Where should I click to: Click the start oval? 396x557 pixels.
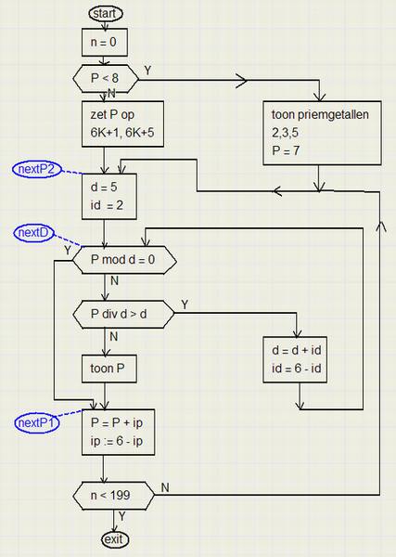tap(106, 14)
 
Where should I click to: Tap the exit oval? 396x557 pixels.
tap(114, 540)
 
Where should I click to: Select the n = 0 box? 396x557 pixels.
tap(104, 43)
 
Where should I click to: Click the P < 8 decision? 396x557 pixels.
tap(106, 79)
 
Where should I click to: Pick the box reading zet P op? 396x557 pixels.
tap(122, 123)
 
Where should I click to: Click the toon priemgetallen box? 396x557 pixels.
tap(322, 133)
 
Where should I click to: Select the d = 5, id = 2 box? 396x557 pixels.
tap(109, 196)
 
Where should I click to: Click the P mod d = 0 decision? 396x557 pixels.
tap(124, 260)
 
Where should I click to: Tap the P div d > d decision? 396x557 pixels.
tap(123, 314)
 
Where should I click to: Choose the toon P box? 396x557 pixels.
tap(109, 369)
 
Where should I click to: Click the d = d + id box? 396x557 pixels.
tap(295, 359)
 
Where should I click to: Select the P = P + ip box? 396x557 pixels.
tap(118, 432)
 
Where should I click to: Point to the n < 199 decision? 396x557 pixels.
tap(114, 496)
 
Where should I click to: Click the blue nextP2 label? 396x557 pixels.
tap(37, 169)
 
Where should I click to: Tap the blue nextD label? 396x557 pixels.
tap(33, 233)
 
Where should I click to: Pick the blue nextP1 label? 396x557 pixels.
tap(36, 423)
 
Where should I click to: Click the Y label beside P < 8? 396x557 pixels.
tap(148, 71)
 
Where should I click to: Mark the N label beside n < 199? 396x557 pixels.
tap(165, 487)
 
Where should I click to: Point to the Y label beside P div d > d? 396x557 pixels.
tap(185, 304)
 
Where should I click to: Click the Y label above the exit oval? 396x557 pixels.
tap(122, 516)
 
